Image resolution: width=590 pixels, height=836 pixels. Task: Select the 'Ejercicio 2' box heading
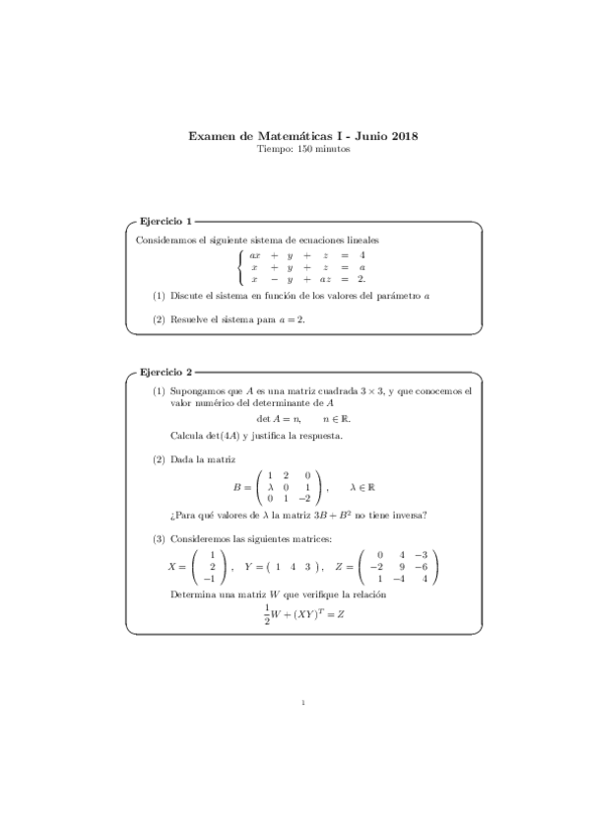[165, 373]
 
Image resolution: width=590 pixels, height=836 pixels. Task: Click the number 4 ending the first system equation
[362, 255]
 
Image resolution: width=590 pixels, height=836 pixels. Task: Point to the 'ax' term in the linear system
[255, 255]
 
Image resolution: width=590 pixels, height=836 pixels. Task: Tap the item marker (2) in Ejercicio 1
[159, 319]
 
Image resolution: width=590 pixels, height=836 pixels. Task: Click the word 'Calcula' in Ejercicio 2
[185, 436]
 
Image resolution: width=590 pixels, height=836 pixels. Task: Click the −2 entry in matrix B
[307, 499]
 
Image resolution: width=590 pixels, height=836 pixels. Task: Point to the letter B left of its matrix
[237, 486]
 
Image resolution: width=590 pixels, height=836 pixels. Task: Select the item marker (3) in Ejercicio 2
[159, 539]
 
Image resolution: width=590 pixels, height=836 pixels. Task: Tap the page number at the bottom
[304, 704]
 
